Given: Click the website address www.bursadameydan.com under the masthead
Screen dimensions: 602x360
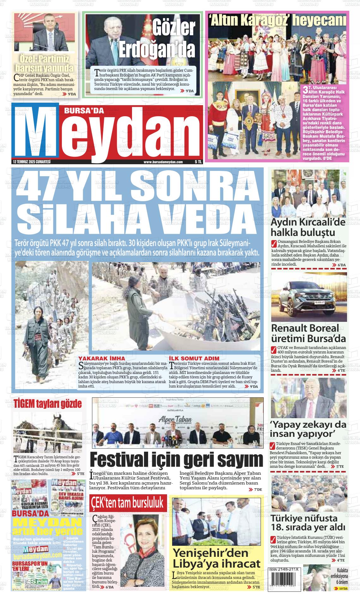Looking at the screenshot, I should pyautogui.click(x=163, y=162).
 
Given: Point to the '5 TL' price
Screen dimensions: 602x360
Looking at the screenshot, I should pyautogui.click(x=198, y=162).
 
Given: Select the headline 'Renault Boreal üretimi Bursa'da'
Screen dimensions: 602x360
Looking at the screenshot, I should pyautogui.click(x=308, y=333).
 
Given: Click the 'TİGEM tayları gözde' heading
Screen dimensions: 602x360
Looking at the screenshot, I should pyautogui.click(x=47, y=404).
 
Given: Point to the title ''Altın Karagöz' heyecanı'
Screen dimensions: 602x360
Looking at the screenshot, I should pyautogui.click(x=277, y=21).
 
